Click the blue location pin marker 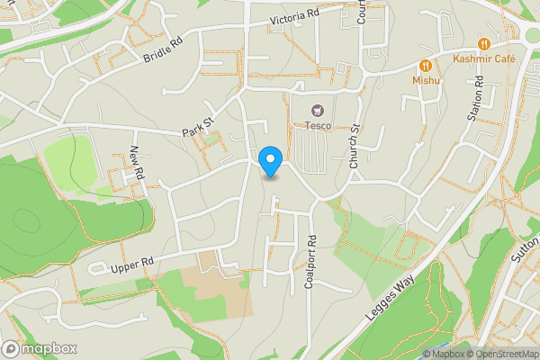pyautogui.click(x=270, y=161)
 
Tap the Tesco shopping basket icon pyautogui.click(x=317, y=112)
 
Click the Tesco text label pyautogui.click(x=317, y=127)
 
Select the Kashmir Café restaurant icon pyautogui.click(x=484, y=43)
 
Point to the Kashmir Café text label pyautogui.click(x=484, y=58)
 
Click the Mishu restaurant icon pyautogui.click(x=426, y=65)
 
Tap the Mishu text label pyautogui.click(x=426, y=80)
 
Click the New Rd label pyautogui.click(x=137, y=165)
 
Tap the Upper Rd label pyautogui.click(x=132, y=264)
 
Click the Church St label pyautogui.click(x=355, y=147)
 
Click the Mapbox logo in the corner pyautogui.click(x=40, y=348)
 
